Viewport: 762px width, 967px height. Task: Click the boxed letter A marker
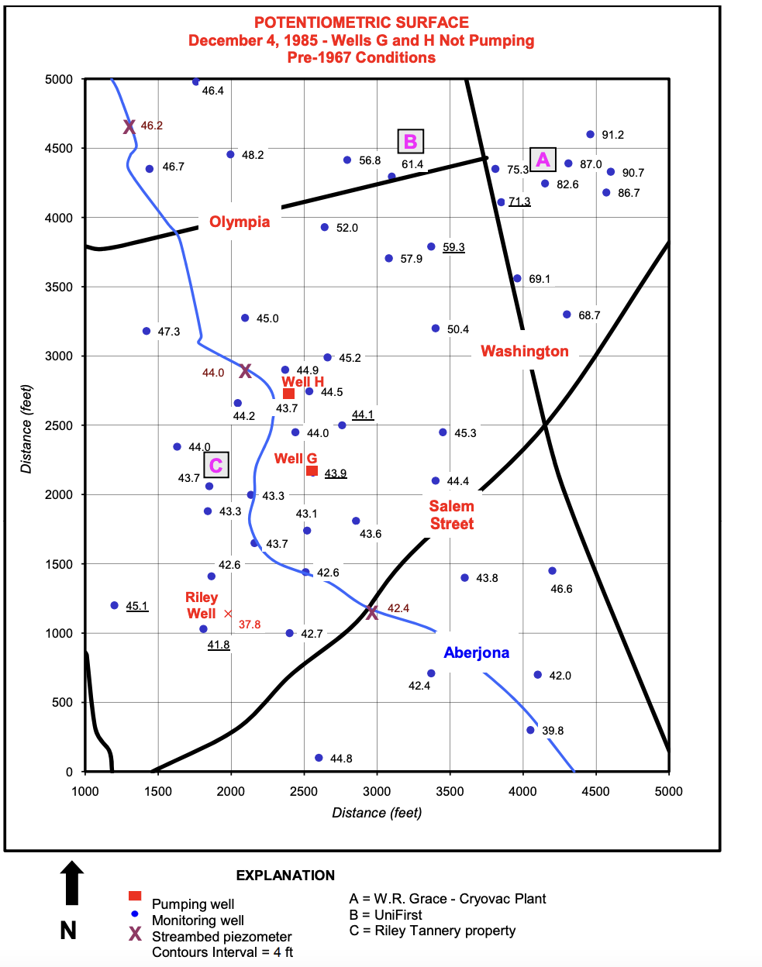tap(543, 160)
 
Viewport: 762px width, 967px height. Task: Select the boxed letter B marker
tap(410, 142)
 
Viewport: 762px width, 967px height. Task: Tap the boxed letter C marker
tap(216, 465)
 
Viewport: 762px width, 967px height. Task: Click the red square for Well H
tap(288, 394)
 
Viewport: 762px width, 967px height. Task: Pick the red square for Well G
tap(312, 470)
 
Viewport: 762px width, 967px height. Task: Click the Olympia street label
tap(240, 222)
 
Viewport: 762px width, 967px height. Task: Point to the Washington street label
tap(525, 351)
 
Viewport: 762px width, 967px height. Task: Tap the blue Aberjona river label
tap(476, 652)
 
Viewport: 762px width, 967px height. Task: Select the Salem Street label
tap(452, 514)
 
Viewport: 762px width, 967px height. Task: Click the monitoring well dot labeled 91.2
tap(590, 135)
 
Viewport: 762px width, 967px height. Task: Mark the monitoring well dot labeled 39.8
tap(530, 730)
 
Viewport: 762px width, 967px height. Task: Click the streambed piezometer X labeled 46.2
tap(129, 126)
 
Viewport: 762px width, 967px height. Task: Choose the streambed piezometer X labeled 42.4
tap(372, 612)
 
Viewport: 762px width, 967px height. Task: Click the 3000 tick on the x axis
tap(377, 791)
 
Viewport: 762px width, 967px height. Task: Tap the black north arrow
tap(71, 883)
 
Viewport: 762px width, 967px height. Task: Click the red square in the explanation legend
tap(135, 896)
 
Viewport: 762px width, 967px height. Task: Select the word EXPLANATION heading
tap(285, 876)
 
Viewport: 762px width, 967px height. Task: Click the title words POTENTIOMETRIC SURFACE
tap(361, 22)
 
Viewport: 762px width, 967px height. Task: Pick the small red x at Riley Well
tap(228, 614)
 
